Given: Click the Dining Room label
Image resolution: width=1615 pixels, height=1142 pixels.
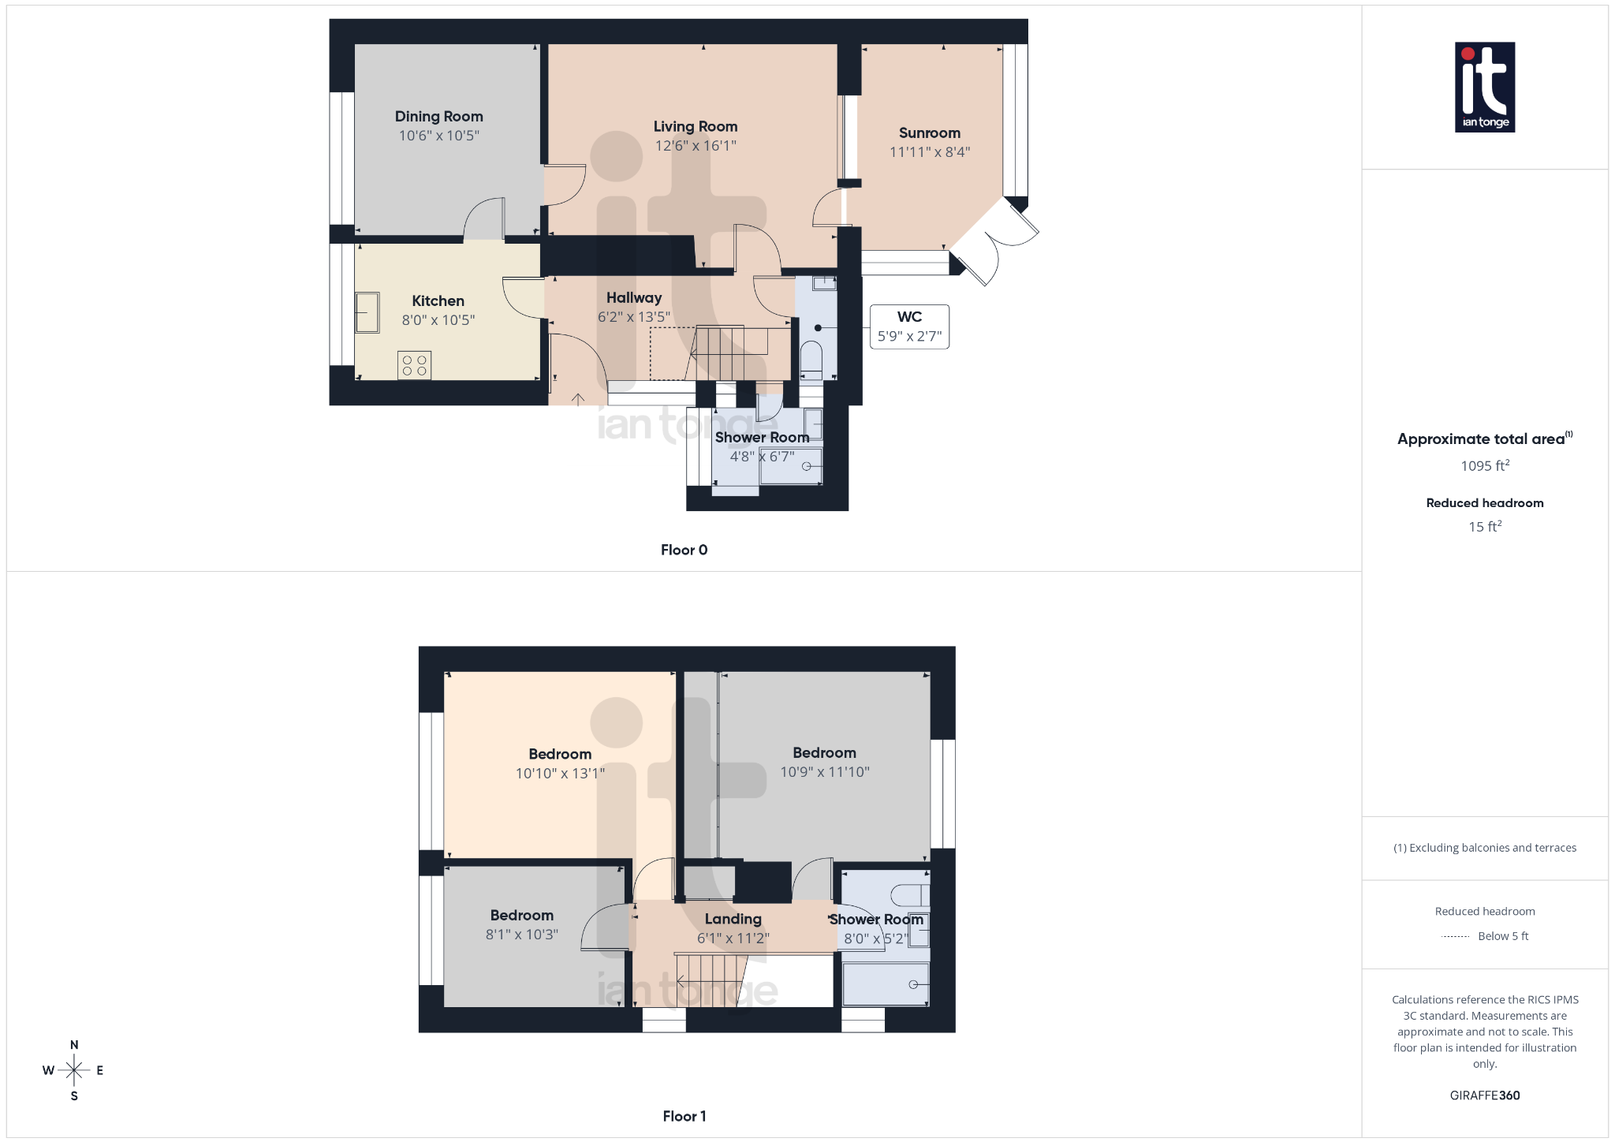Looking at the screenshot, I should click(x=438, y=117).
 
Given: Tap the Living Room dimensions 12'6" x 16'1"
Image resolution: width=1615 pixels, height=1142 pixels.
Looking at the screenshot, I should click(x=695, y=146).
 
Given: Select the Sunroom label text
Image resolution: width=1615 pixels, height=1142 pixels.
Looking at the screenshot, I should click(x=929, y=133).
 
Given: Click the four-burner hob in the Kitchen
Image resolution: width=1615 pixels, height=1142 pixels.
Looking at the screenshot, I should click(x=414, y=365).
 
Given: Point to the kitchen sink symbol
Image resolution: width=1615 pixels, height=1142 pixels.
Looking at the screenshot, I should click(x=367, y=312).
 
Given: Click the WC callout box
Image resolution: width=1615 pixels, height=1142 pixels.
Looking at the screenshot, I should click(x=909, y=327).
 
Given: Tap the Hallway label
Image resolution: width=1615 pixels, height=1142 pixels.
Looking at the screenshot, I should click(x=633, y=298).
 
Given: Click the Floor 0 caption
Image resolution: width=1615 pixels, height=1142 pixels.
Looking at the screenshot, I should click(x=684, y=550).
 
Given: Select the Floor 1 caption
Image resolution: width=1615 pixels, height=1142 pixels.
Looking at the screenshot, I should click(x=684, y=1116).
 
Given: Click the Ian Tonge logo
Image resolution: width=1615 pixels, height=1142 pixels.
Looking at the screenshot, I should click(x=1484, y=87).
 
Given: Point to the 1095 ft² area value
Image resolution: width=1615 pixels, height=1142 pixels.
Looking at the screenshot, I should click(x=1484, y=466).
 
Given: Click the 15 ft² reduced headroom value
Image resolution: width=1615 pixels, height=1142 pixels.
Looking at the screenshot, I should click(x=1484, y=526).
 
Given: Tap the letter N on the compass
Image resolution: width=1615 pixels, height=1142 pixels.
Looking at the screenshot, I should click(x=74, y=1045).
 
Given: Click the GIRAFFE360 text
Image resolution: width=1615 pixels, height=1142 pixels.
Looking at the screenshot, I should click(x=1484, y=1095).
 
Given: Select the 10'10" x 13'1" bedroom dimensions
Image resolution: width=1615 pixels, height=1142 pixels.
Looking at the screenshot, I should click(x=560, y=774).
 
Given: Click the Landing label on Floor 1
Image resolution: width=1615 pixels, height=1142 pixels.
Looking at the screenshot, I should click(x=733, y=920).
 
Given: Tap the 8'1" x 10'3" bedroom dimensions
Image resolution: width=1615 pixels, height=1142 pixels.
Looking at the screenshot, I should click(x=521, y=935).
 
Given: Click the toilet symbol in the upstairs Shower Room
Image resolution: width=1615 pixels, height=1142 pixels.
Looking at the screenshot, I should click(x=909, y=895).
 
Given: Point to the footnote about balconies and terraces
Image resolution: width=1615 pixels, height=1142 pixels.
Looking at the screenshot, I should click(x=1484, y=848).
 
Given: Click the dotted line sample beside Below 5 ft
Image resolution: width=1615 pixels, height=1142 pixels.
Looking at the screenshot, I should click(x=1455, y=937).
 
